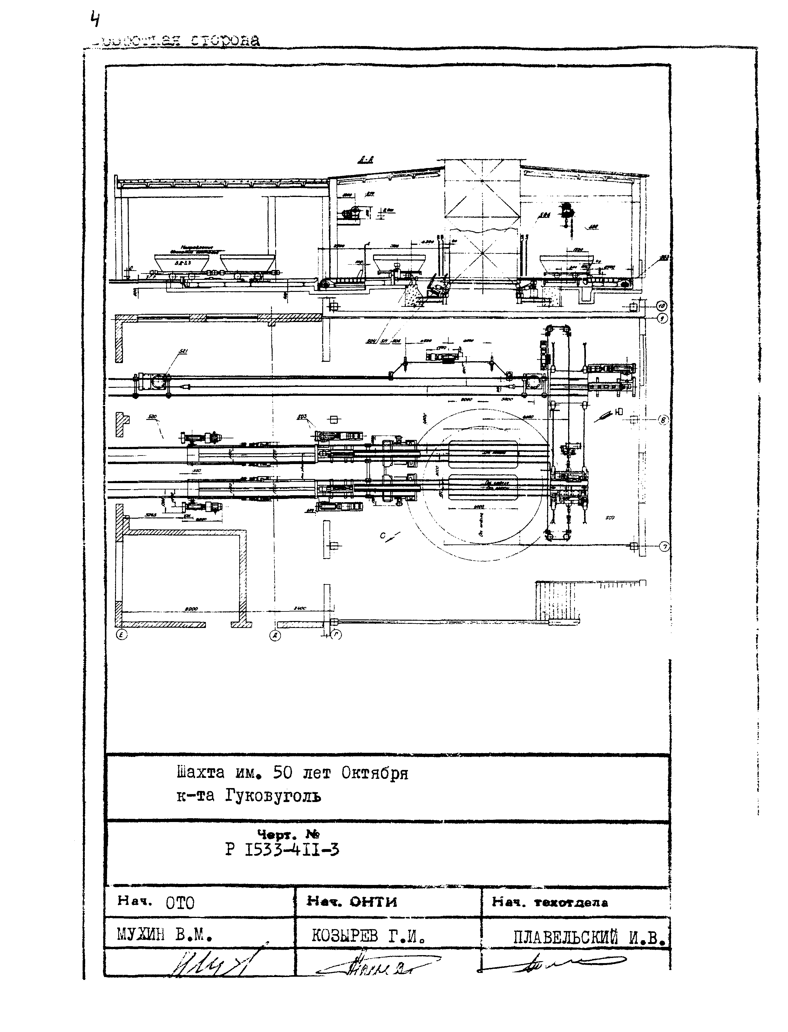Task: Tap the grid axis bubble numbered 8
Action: (x=663, y=420)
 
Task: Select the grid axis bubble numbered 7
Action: (x=664, y=546)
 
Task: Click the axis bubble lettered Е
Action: (x=121, y=635)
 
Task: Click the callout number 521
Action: (x=182, y=351)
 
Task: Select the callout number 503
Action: (x=302, y=416)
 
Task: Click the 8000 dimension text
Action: (x=191, y=609)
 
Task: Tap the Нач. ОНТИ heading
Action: (x=351, y=902)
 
